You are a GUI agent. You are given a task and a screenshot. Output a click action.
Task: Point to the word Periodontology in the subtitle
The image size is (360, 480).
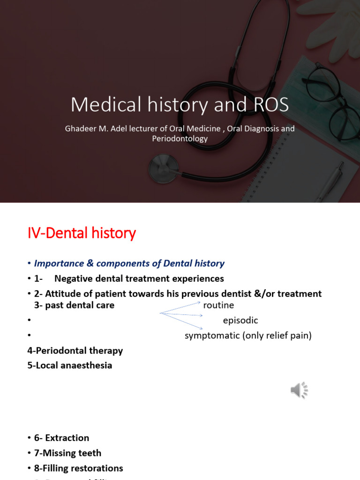(180, 139)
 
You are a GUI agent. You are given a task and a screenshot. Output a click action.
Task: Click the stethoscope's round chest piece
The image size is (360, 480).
(163, 167)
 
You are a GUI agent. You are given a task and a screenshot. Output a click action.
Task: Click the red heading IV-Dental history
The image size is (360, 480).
(82, 232)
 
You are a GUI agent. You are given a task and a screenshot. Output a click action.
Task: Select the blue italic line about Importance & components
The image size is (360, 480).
(129, 263)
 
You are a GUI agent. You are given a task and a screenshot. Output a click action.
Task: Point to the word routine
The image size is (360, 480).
(218, 306)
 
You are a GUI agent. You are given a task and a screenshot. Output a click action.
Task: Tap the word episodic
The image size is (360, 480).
(240, 321)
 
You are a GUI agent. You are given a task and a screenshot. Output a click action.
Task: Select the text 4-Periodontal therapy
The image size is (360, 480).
(75, 351)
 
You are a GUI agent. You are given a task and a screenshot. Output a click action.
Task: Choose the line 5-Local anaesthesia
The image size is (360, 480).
(70, 366)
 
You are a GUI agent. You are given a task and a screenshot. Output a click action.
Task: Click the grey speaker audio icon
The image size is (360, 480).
(299, 390)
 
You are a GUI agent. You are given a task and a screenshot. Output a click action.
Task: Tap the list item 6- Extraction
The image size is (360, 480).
(61, 438)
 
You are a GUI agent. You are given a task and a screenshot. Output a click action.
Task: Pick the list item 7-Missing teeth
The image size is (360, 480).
(67, 453)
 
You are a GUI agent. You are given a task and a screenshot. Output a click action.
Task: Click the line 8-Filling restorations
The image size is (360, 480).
(78, 468)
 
